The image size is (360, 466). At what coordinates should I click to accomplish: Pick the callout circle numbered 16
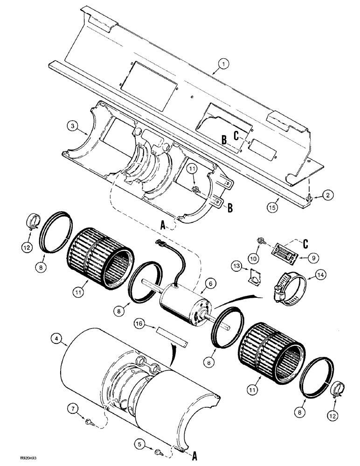click(138, 322)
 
